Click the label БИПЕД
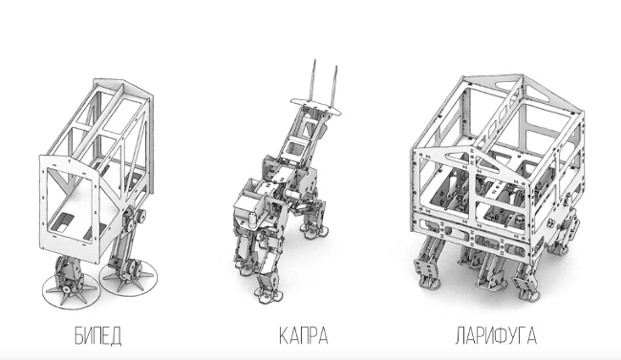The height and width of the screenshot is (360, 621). click(x=97, y=336)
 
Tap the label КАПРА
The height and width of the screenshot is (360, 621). click(x=304, y=336)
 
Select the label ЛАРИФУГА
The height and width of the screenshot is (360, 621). click(x=496, y=336)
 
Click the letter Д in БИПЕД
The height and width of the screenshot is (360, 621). click(x=116, y=336)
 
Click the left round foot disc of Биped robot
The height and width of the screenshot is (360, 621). click(x=70, y=291)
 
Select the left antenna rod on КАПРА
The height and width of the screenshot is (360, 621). click(x=313, y=82)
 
